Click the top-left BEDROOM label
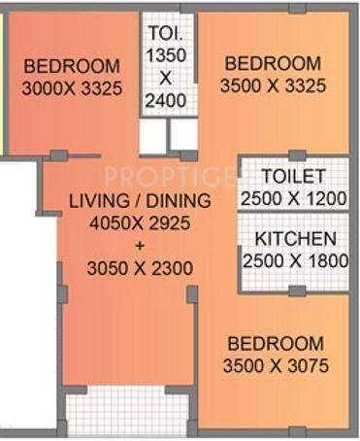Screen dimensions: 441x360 (x=73, y=67)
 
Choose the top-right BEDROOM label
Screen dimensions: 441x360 (x=273, y=64)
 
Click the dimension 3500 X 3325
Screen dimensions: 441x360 (x=275, y=85)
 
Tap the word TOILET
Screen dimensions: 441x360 (x=291, y=176)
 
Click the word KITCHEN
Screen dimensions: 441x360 (x=296, y=239)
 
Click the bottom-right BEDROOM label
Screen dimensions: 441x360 (x=276, y=345)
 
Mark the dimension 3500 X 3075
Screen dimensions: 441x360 (x=276, y=366)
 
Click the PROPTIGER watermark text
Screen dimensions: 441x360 (x=170, y=177)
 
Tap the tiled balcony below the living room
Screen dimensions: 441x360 (x=127, y=412)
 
